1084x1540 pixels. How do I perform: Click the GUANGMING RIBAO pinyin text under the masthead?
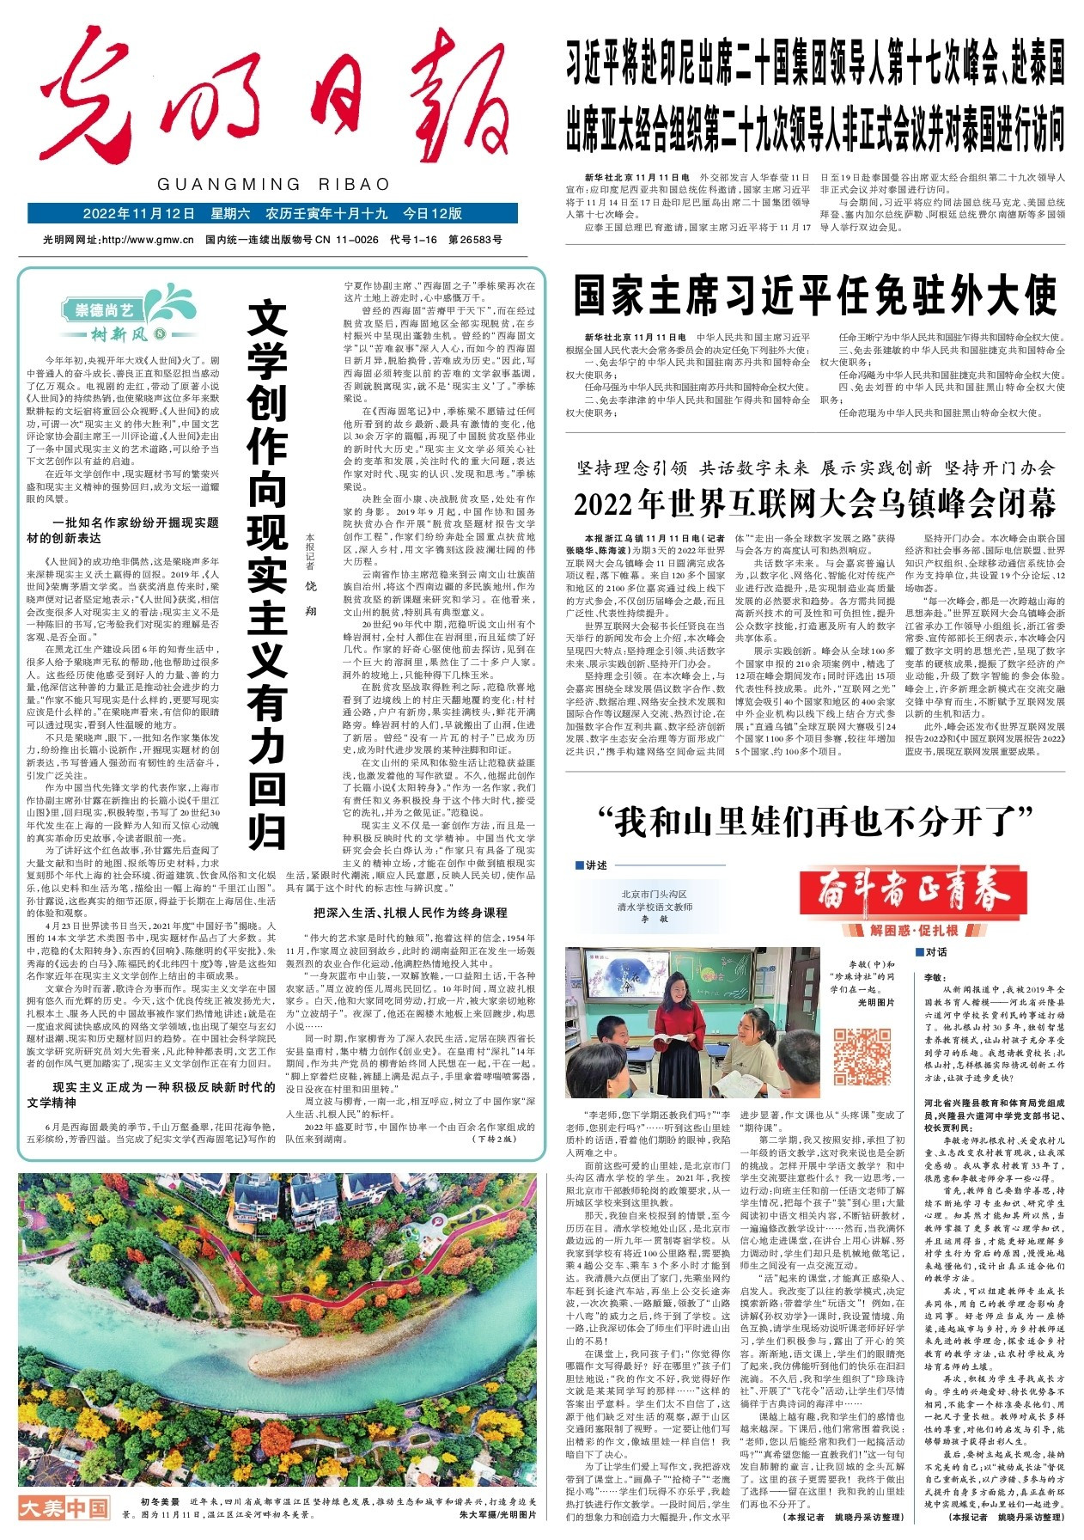pyautogui.click(x=274, y=184)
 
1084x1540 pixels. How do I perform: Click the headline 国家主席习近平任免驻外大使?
pyautogui.click(x=814, y=296)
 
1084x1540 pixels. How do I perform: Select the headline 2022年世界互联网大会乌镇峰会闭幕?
pyautogui.click(x=814, y=504)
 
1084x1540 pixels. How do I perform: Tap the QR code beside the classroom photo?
pyautogui.click(x=863, y=1056)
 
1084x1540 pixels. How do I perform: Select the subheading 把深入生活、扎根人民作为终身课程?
pyautogui.click(x=410, y=912)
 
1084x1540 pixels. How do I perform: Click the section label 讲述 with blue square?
pyautogui.click(x=592, y=865)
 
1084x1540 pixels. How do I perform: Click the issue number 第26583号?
pyautogui.click(x=475, y=240)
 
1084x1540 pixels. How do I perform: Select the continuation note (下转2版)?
pyautogui.click(x=494, y=1139)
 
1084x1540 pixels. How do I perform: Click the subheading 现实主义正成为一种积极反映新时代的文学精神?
pyautogui.click(x=151, y=1095)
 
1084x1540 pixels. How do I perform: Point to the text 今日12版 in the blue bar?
pyautogui.click(x=432, y=214)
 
